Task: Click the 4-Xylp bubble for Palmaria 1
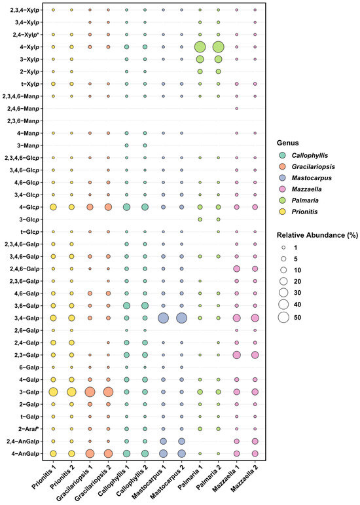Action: tap(200, 47)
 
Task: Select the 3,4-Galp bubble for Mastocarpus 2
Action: tap(182, 318)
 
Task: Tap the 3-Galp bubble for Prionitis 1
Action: tap(53, 392)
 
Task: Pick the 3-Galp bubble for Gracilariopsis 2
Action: tap(108, 392)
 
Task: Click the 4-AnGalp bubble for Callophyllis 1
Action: tap(127, 453)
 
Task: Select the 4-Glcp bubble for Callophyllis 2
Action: tap(145, 207)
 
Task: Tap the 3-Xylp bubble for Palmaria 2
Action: tap(219, 59)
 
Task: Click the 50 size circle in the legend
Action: tap(283, 317)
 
